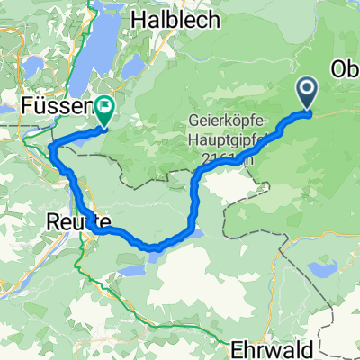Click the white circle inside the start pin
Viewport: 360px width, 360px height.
click(307, 88)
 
